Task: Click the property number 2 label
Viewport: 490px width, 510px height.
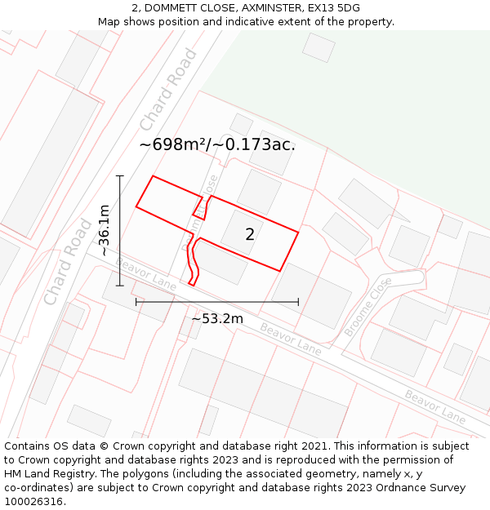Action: [x=250, y=235]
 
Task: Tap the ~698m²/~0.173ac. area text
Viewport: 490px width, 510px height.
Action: [x=216, y=144]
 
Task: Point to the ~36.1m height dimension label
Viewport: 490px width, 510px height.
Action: [x=105, y=231]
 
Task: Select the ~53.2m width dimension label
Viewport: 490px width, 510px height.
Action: [x=217, y=318]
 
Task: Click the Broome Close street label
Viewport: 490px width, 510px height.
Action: [x=368, y=306]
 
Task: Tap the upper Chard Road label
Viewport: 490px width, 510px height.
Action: [x=168, y=90]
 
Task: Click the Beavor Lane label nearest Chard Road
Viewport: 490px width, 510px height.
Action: [x=146, y=273]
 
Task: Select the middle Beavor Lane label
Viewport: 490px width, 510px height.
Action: [x=291, y=338]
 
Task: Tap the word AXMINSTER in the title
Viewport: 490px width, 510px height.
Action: [x=261, y=8]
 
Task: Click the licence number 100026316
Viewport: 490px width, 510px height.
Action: [x=35, y=501]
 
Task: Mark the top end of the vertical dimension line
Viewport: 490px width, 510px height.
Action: [x=120, y=175]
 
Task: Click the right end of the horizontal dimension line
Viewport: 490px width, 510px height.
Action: [x=298, y=302]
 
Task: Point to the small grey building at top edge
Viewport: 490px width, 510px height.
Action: [x=318, y=47]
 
